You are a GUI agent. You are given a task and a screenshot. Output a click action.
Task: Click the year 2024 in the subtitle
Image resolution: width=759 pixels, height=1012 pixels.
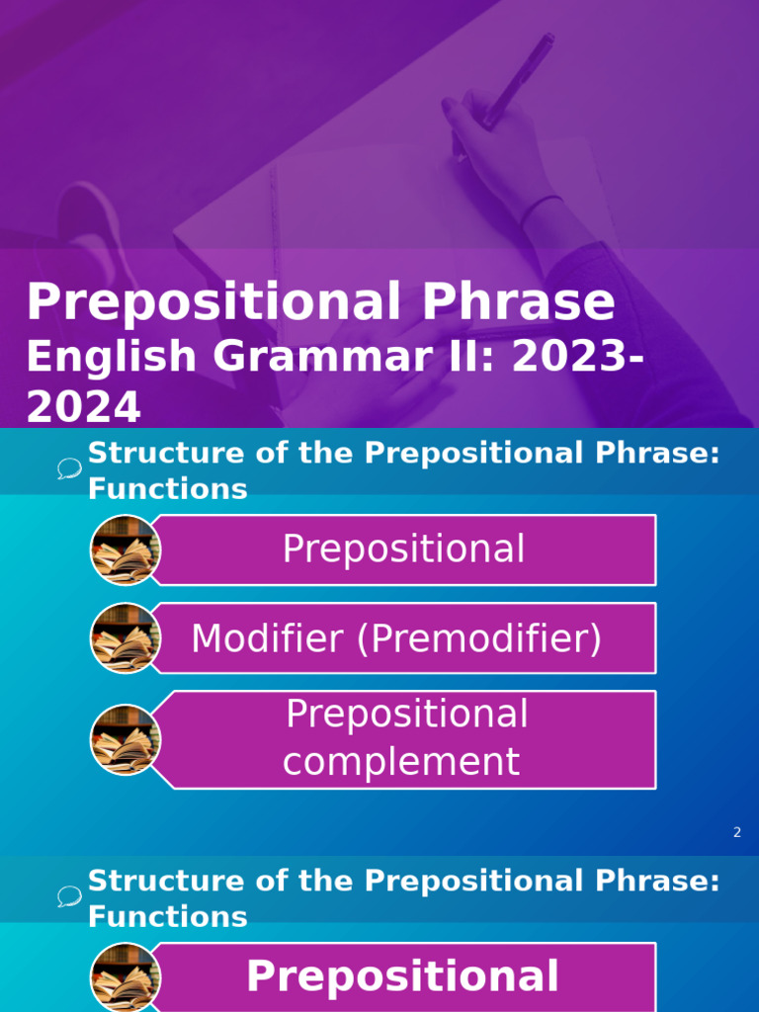click(x=83, y=407)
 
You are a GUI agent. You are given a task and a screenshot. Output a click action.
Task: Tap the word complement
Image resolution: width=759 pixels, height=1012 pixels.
click(x=401, y=762)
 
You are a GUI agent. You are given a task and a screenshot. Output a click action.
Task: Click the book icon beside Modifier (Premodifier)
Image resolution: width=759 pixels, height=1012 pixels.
click(x=125, y=638)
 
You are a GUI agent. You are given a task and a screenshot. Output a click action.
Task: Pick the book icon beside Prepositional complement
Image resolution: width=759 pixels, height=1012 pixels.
click(x=125, y=739)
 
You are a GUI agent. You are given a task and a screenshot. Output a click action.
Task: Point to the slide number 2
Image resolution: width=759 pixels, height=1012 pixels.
click(x=736, y=833)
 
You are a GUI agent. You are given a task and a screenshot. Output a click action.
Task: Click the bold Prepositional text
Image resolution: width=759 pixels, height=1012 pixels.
click(x=402, y=976)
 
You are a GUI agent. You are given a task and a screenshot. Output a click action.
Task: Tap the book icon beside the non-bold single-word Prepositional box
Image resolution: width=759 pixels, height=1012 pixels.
click(x=125, y=549)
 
